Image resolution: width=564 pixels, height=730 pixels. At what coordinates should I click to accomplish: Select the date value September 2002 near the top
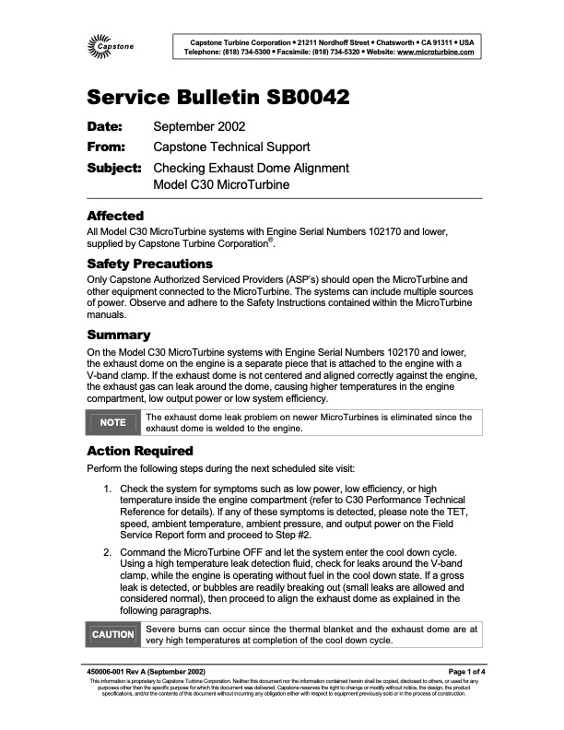tap(198, 126)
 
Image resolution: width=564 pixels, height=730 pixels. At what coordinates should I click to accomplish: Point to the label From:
tap(112, 147)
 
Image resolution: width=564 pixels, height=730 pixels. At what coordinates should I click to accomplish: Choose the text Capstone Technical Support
tap(231, 147)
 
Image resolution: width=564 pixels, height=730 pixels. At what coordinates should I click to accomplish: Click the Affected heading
tap(114, 216)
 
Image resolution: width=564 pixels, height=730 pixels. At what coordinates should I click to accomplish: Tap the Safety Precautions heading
tap(149, 264)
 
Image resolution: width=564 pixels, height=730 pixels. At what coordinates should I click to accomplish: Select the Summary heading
tap(119, 335)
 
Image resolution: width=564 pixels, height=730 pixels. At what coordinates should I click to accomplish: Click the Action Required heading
tap(139, 451)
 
